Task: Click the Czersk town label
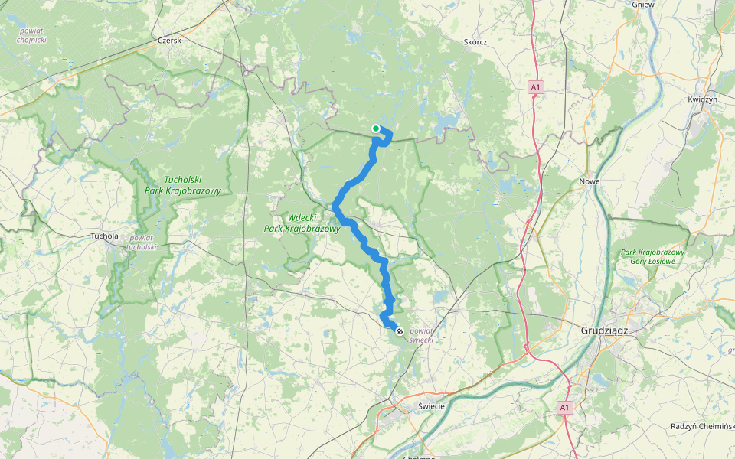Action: point(168,41)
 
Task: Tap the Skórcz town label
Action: point(475,43)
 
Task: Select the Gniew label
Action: point(642,4)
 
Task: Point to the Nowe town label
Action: point(590,181)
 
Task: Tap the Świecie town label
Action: point(432,406)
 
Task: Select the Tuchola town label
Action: point(105,236)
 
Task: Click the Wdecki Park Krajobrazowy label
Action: point(302,223)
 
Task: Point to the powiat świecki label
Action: point(422,334)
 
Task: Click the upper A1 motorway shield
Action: point(536,88)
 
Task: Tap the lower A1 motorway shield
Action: point(564,407)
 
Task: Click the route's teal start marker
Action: point(375,129)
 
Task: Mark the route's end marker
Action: point(399,330)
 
